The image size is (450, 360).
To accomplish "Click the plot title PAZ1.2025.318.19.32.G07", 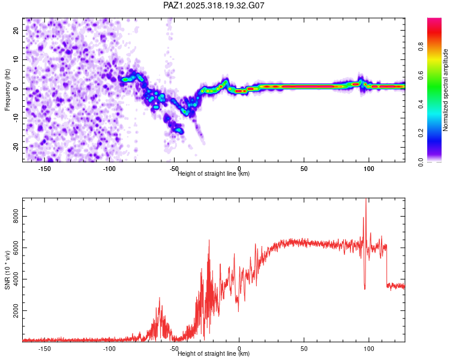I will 214,5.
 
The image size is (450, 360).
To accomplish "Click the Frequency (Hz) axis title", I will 7,89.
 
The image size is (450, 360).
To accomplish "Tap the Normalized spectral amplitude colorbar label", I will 446,90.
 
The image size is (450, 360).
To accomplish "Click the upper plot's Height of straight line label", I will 214,173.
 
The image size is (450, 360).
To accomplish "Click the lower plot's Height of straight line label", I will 214,353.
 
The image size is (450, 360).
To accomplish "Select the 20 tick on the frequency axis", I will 16,30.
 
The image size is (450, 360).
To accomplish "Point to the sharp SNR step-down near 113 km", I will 387,264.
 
